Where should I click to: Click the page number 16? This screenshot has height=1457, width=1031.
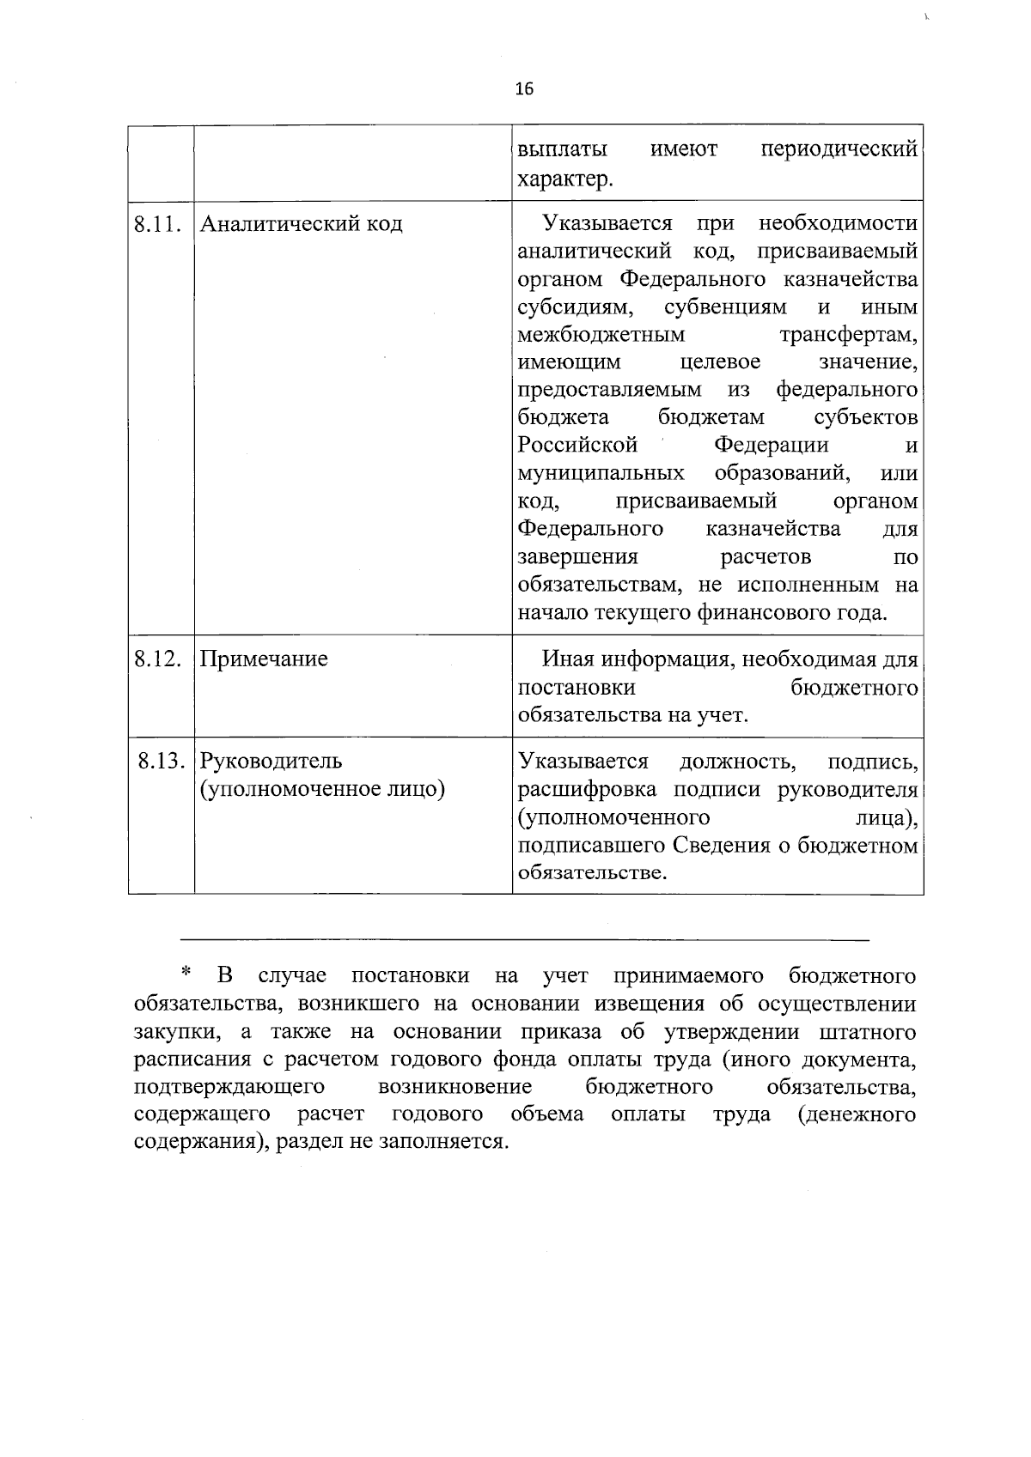coord(524,88)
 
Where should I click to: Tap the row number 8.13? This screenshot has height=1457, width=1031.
coord(162,761)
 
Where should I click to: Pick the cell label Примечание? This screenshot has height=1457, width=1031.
coord(264,659)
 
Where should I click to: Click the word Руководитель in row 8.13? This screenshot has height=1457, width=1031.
coord(271,761)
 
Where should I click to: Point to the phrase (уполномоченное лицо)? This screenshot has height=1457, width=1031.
coord(322,788)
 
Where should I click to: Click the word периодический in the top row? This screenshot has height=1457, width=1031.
coord(839,150)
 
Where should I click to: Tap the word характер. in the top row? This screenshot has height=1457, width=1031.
coord(565,179)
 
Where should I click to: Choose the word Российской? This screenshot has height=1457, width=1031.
coord(577,446)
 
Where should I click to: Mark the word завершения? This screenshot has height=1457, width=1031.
coord(577,557)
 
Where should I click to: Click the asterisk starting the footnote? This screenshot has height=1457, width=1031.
coord(185,974)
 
